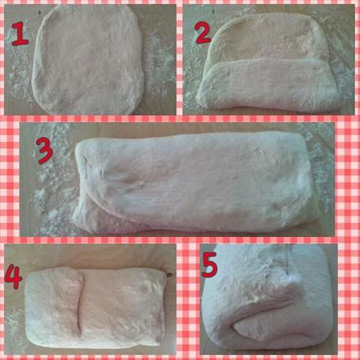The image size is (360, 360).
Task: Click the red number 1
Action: (x=20, y=34)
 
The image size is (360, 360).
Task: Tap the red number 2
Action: (x=203, y=33)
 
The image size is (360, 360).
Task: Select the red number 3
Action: (x=45, y=151)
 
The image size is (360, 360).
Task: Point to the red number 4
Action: (x=13, y=276)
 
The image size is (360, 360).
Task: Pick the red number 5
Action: (x=209, y=265)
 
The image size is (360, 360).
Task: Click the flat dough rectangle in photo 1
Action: (x=88, y=60)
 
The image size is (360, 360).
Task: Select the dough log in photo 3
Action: (x=194, y=182)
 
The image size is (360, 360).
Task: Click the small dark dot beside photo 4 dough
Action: (x=169, y=275)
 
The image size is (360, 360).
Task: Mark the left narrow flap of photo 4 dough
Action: (x=53, y=307)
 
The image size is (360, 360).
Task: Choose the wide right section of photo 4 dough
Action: (x=123, y=308)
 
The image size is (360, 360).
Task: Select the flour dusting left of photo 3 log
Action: (x=53, y=198)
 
